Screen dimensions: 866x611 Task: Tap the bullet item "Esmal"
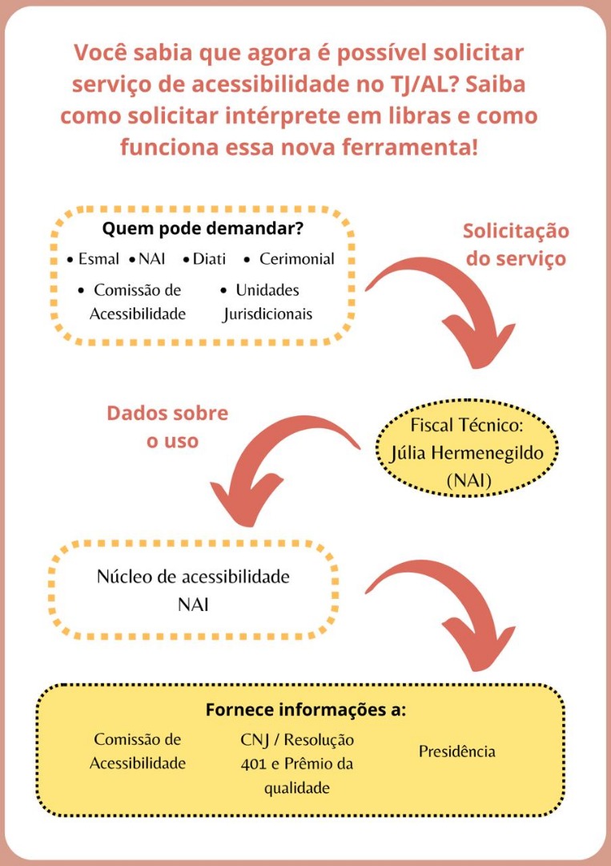tap(98, 260)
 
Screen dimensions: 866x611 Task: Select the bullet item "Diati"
tap(209, 260)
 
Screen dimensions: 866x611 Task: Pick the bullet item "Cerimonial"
tap(296, 260)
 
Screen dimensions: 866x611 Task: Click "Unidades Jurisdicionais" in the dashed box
tap(267, 301)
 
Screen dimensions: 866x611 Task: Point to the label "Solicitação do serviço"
tap(516, 245)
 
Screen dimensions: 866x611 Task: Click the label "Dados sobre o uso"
tap(167, 427)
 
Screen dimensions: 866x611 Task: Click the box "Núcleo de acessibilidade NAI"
tap(193, 589)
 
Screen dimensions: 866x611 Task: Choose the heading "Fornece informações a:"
tap(305, 710)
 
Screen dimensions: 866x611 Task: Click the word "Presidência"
tap(456, 751)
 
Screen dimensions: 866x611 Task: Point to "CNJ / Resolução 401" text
tap(297, 751)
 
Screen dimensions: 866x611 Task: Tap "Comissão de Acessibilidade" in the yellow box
tap(138, 751)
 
